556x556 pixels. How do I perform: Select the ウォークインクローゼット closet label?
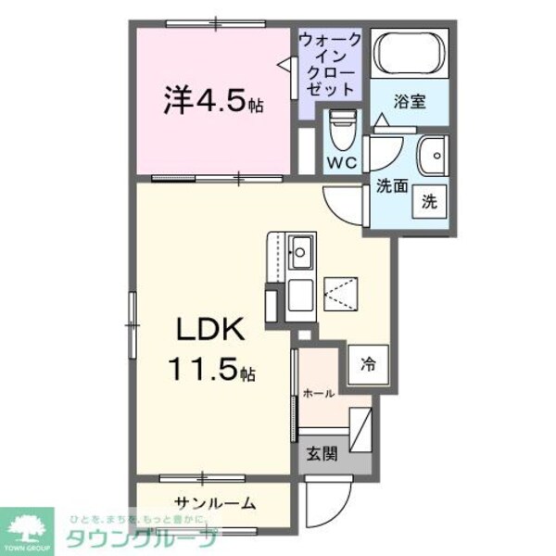(x=328, y=65)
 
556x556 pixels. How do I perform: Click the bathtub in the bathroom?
(x=409, y=53)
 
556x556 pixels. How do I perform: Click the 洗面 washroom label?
(x=391, y=185)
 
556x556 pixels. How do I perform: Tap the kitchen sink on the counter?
(x=301, y=248)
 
